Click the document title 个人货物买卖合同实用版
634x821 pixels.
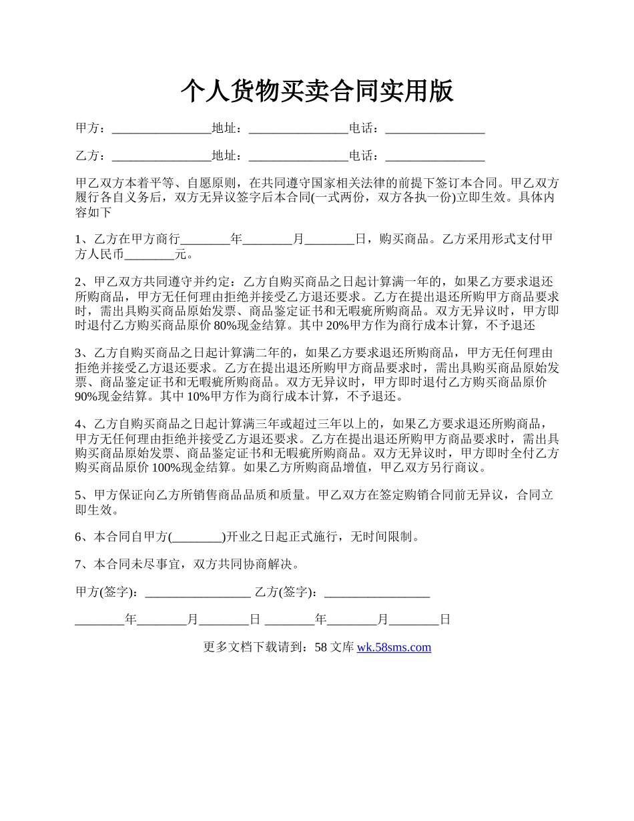click(317, 91)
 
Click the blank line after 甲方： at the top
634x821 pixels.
click(162, 129)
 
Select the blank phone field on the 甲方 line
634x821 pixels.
click(435, 129)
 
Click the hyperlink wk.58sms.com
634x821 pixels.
click(394, 647)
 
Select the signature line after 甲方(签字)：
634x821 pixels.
click(198, 591)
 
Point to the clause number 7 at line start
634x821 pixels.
click(79, 564)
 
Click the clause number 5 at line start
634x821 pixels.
click(79, 495)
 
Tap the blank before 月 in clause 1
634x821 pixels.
click(267, 239)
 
